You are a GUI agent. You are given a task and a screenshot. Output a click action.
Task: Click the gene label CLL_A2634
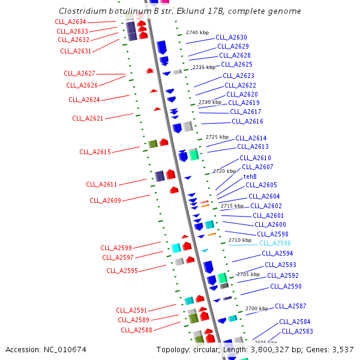pos(71,22)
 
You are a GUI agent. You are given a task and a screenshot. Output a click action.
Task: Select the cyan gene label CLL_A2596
pos(275,243)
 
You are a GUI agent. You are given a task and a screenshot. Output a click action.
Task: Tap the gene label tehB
pos(250,176)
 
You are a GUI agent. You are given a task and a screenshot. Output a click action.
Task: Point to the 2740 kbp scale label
pos(197,32)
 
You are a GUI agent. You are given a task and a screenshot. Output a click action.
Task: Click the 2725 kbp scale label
pos(217,137)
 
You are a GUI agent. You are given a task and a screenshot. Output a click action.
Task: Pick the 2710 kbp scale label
pos(239,240)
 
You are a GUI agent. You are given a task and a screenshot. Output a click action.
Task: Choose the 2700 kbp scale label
pos(256,308)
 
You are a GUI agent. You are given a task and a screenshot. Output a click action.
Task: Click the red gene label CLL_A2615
pos(95,152)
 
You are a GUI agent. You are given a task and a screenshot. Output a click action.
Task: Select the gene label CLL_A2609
pos(105,200)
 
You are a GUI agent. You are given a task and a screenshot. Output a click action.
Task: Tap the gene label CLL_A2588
pos(136,329)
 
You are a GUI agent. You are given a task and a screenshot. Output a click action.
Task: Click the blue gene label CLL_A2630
pos(231,37)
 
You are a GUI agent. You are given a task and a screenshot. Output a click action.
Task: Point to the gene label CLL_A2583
pos(297,331)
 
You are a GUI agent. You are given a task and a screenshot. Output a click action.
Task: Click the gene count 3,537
pos(342,349)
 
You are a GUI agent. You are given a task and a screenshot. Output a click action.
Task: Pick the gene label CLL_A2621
pos(88,118)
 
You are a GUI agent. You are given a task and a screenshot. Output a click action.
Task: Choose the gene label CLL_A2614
pos(251,138)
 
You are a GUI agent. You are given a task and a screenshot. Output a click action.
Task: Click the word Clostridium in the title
pos(83,11)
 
